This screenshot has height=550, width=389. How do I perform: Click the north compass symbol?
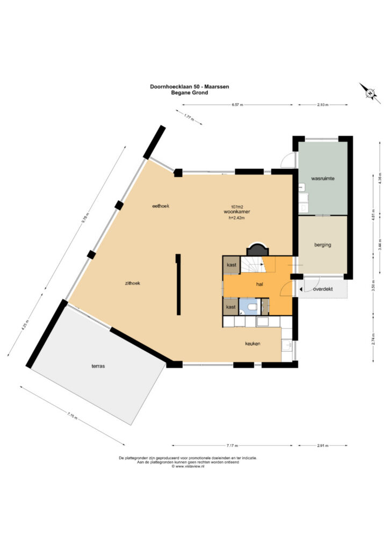tap(370, 93)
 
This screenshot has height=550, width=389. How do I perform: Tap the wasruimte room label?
tap(323, 178)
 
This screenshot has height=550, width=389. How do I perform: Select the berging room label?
tap(323, 245)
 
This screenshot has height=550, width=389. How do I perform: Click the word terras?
tap(98, 366)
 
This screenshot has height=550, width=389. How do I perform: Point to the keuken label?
tap(253, 344)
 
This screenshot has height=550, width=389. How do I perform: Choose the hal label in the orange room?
tap(260, 285)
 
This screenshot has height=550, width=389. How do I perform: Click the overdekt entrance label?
tap(323, 290)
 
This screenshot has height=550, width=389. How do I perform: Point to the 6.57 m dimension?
tap(237, 105)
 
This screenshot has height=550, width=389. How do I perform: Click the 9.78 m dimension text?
tap(83, 218)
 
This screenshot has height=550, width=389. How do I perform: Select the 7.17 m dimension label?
tap(232, 446)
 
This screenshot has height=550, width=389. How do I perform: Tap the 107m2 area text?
tap(237, 207)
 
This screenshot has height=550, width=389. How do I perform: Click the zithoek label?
tap(133, 284)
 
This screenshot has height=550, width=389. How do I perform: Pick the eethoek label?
tap(161, 206)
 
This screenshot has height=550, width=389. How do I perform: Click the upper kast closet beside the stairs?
tap(232, 265)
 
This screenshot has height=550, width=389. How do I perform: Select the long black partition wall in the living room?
tap(179, 285)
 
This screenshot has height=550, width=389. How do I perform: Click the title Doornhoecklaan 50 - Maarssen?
tap(190, 86)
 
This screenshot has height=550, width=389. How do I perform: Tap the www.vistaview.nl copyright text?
tap(188, 467)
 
